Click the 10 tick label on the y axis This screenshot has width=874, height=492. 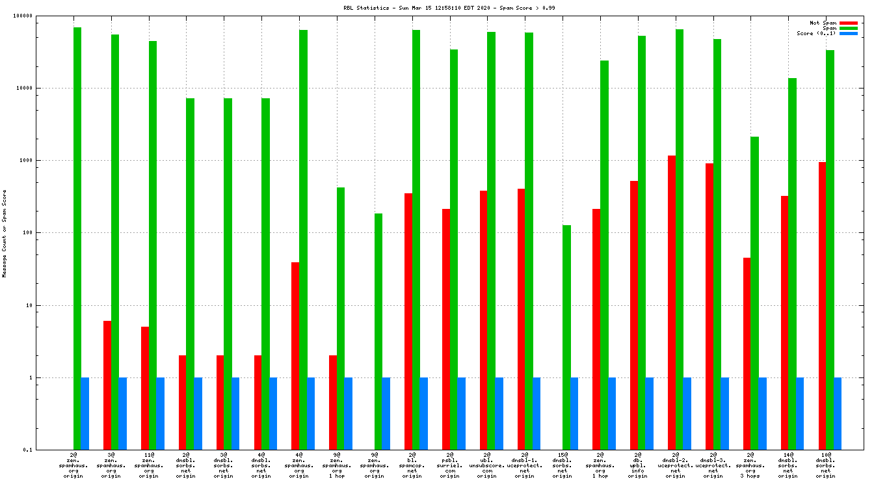46,305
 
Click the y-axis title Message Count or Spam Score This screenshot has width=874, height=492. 5,234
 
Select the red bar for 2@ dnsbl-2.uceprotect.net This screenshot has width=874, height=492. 672,303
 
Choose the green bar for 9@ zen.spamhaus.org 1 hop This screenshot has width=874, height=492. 341,318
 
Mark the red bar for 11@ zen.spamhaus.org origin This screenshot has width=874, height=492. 145,388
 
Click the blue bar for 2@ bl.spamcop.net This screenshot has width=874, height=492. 423,413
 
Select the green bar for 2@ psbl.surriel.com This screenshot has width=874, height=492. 454,249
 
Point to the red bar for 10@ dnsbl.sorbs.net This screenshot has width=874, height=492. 823,306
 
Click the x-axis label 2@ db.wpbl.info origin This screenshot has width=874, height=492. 637,465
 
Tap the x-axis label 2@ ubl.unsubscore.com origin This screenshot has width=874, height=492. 487,465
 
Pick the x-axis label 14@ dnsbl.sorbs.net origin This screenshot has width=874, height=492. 788,465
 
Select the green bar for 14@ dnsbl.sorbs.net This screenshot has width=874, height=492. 792,264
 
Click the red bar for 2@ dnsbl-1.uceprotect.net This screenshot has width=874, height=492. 521,319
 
